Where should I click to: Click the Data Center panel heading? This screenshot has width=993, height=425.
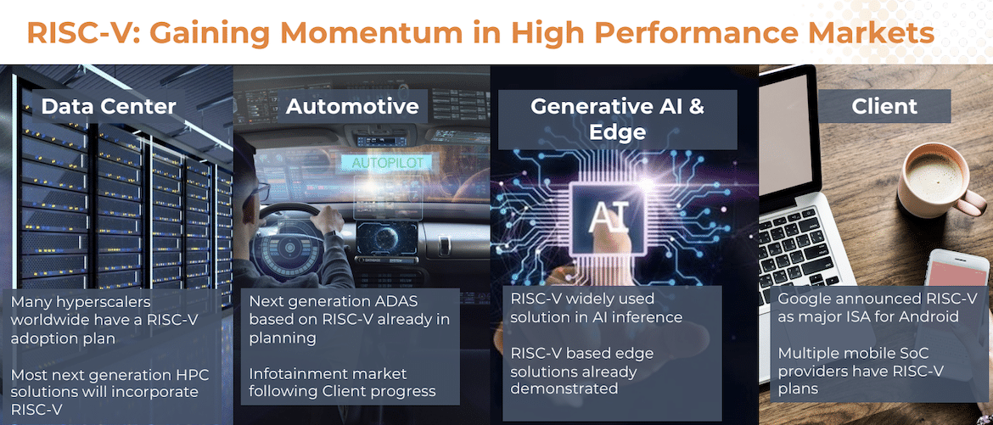click(x=109, y=106)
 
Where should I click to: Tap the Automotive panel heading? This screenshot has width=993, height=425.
click(x=352, y=106)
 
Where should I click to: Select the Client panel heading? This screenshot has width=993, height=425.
click(x=884, y=106)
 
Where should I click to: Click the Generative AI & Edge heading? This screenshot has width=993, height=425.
click(x=617, y=119)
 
